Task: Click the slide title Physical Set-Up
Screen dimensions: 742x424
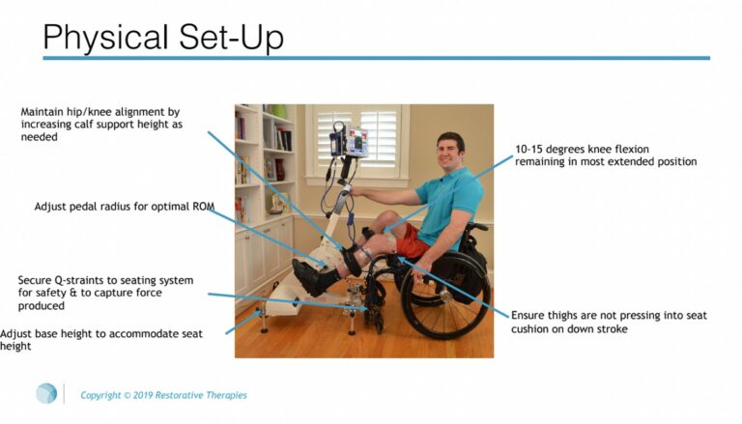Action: (x=163, y=38)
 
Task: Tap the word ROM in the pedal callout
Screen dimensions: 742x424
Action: (x=204, y=207)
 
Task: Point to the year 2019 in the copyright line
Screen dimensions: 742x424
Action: (x=142, y=395)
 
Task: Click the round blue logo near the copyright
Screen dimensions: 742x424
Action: (x=46, y=393)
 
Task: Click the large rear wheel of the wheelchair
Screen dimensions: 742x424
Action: (x=444, y=296)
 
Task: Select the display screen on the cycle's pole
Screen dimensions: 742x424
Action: (x=358, y=141)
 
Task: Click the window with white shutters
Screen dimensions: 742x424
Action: (x=357, y=143)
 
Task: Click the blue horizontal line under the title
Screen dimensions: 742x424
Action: (x=376, y=58)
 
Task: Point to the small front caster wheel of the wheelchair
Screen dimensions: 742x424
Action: (x=379, y=325)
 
